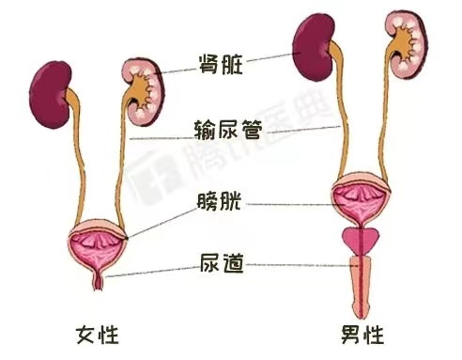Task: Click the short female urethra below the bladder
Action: pyautogui.click(x=100, y=278)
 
